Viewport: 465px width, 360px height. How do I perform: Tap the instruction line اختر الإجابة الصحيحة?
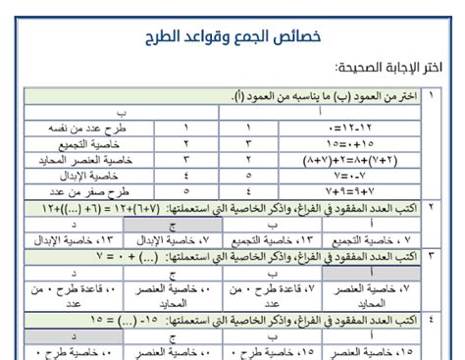point(392,72)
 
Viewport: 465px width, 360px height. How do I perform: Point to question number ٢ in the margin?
point(435,208)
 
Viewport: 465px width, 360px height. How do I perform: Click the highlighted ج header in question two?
point(173,224)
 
